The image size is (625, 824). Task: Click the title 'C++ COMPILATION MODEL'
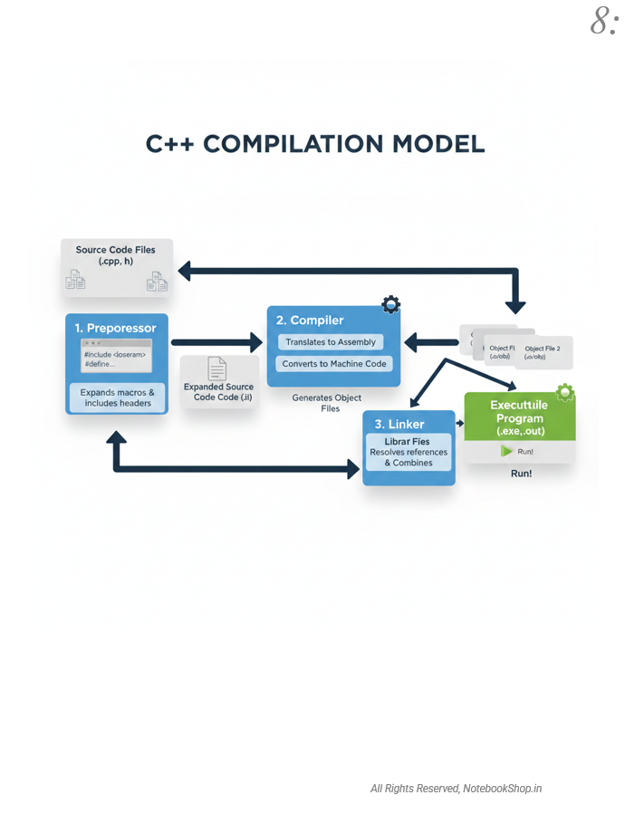[315, 144]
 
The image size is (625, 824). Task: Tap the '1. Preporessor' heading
[116, 328]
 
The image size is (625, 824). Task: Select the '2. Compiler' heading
[310, 320]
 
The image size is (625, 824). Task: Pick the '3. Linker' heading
[400, 424]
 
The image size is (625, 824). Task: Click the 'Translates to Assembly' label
[331, 342]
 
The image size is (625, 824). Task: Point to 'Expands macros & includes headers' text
[118, 398]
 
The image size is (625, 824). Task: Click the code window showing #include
[116, 354]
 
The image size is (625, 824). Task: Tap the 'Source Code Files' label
[115, 254]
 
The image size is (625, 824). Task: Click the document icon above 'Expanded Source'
[216, 368]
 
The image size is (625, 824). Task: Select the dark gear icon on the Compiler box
[390, 304]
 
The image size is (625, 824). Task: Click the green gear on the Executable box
[564, 392]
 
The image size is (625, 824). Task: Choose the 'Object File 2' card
[543, 351]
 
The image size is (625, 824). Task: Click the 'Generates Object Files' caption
[327, 403]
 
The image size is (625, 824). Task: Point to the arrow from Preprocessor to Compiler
[216, 342]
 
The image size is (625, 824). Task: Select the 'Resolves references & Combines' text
[409, 457]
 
